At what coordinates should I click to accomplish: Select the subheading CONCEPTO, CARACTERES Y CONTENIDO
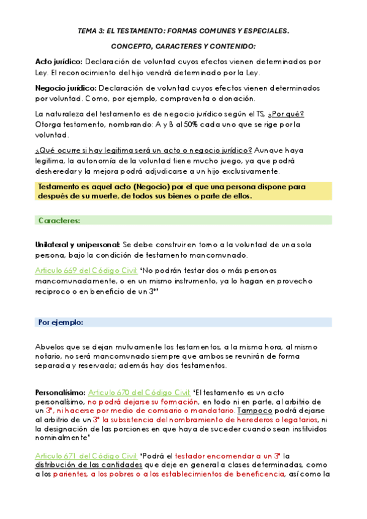[x=183, y=47]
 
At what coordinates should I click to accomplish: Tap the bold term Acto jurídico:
[x=59, y=62]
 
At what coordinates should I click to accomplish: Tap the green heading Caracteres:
[x=59, y=220]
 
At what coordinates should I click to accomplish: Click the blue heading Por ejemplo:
[x=61, y=322]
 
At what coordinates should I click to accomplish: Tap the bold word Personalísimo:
[x=61, y=392]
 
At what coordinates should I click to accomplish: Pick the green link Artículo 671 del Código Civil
[x=86, y=455]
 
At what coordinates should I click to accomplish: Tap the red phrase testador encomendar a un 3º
[x=228, y=455]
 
